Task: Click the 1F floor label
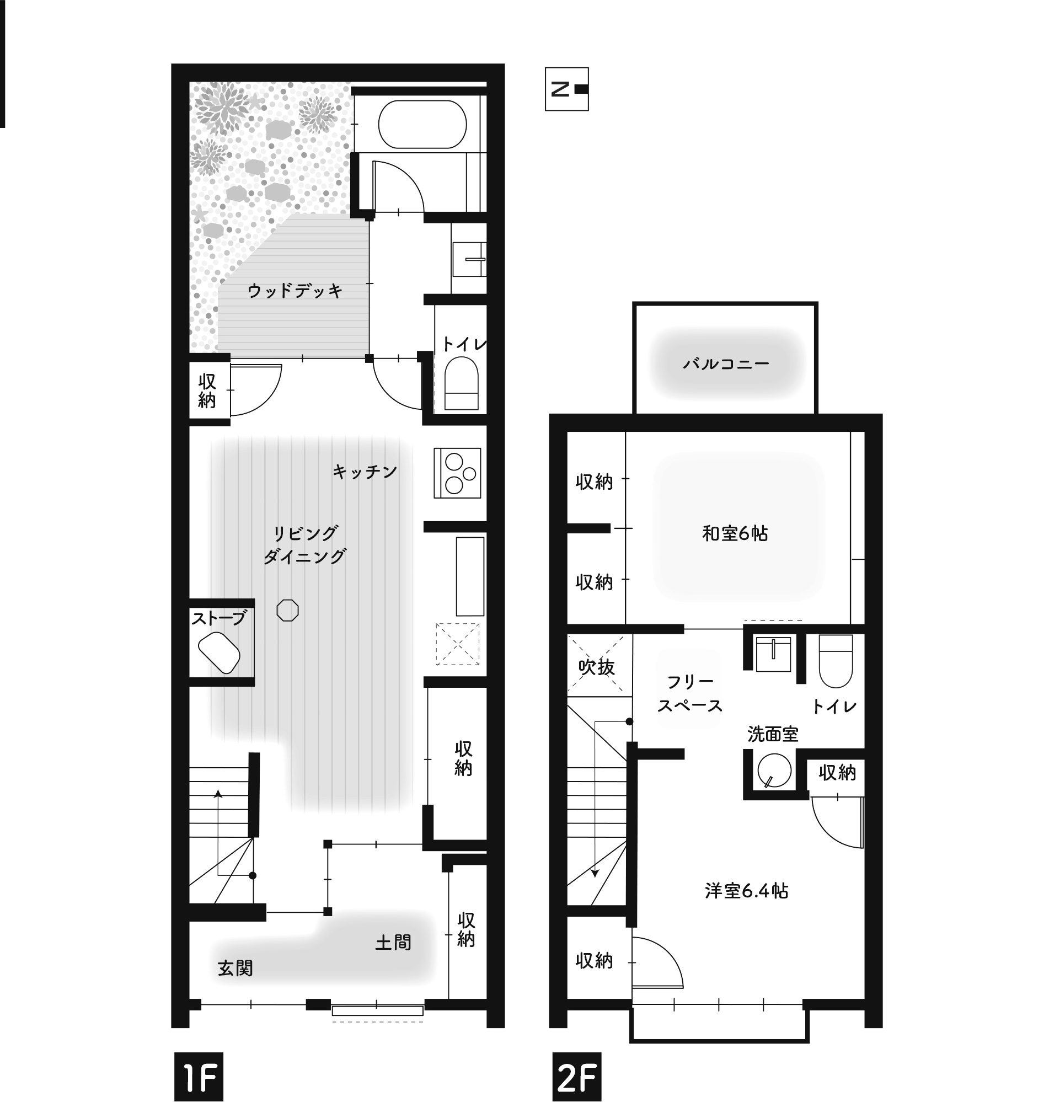[199, 1077]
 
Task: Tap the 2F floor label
[576, 1077]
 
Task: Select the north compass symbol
[566, 89]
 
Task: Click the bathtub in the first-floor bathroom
[422, 124]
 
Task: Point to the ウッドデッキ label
[295, 291]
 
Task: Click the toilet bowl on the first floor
[461, 383]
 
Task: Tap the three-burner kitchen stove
[457, 473]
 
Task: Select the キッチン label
[365, 472]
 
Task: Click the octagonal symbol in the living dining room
[287, 610]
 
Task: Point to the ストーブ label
[218, 618]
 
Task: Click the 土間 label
[393, 943]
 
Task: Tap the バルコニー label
[726, 365]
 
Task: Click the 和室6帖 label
[735, 534]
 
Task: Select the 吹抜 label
[597, 667]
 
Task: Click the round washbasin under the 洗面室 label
[774, 771]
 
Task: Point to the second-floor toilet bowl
[836, 661]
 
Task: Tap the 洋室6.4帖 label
[747, 891]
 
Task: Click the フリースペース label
[690, 694]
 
